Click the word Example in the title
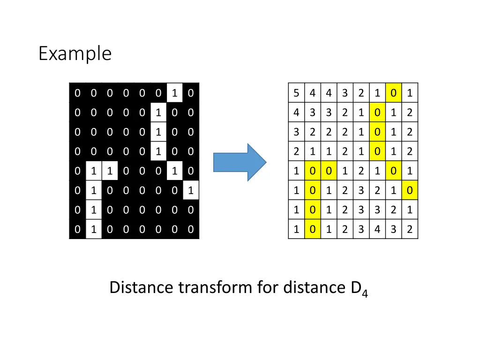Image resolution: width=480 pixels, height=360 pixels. click(75, 53)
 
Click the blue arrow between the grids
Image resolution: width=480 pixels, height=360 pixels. click(240, 162)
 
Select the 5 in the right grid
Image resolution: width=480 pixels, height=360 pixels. click(296, 93)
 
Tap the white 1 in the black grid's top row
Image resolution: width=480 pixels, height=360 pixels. click(174, 93)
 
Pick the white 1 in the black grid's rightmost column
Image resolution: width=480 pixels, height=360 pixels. click(190, 190)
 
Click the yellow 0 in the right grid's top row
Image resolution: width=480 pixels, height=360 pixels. click(393, 93)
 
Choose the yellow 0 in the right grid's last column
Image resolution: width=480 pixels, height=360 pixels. click(410, 190)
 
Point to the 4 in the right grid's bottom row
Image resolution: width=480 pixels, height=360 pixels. click(377, 230)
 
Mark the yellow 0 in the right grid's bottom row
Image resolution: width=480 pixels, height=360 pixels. click(312, 230)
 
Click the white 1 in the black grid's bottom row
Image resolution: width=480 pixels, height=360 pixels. click(94, 230)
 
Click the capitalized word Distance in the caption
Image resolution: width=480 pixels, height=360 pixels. click(142, 287)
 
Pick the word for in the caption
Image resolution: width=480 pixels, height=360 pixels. click(268, 287)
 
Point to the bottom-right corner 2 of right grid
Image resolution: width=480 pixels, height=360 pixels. click(410, 230)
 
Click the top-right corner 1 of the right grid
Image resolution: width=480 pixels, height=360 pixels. click(410, 93)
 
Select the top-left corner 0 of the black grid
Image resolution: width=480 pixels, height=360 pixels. click(77, 93)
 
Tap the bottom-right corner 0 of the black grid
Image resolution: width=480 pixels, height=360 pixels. click(190, 230)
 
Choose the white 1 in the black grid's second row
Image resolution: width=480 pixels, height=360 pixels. click(158, 112)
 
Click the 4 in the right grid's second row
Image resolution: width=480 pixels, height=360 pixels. click(296, 112)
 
